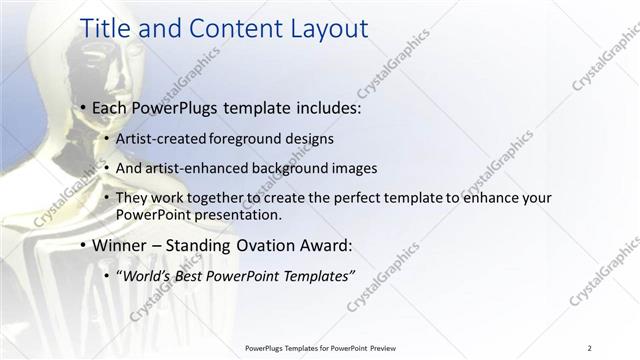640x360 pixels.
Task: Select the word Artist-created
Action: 156,138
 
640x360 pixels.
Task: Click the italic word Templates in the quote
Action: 314,275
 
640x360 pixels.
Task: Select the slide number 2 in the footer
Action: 589,348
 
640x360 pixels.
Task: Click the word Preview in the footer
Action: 392,348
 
